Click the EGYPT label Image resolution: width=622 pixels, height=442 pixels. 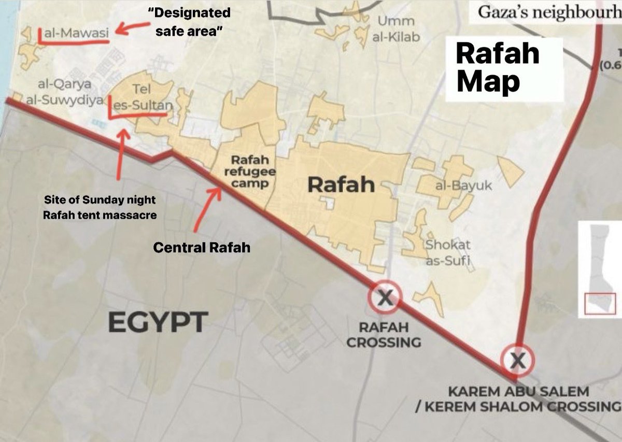(158, 322)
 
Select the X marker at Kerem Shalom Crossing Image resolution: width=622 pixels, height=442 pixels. (517, 360)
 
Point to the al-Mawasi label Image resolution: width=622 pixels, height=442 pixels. (76, 34)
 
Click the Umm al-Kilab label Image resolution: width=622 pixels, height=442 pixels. (396, 29)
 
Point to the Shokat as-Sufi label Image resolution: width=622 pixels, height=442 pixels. (448, 253)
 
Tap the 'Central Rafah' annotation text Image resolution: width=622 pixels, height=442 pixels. (202, 248)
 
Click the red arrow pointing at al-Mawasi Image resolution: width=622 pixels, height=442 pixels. (130, 28)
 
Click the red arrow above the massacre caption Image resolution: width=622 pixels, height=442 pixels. (120, 153)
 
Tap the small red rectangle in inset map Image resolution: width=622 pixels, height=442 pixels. (600, 303)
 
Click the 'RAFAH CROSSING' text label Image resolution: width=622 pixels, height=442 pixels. (384, 335)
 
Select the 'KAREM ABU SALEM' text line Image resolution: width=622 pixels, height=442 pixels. (519, 391)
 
